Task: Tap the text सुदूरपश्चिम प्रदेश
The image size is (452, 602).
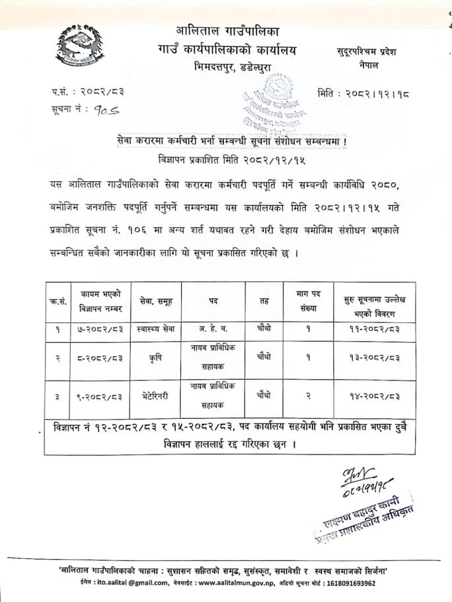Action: (365, 52)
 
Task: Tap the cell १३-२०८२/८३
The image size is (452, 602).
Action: (370, 357)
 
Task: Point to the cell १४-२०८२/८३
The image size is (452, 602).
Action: (370, 397)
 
